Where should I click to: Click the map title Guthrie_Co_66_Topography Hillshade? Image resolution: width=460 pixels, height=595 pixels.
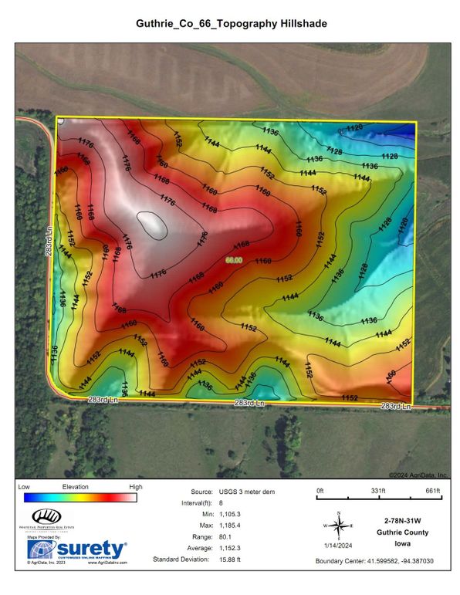pyautogui.click(x=229, y=24)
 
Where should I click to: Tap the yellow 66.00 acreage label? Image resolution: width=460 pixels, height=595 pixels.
pyautogui.click(x=234, y=260)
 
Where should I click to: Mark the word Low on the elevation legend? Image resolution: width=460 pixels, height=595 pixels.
pyautogui.click(x=23, y=487)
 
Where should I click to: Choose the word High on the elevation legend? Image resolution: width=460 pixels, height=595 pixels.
pyautogui.click(x=135, y=487)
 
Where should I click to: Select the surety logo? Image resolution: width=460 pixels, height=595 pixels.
pyautogui.click(x=77, y=549)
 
